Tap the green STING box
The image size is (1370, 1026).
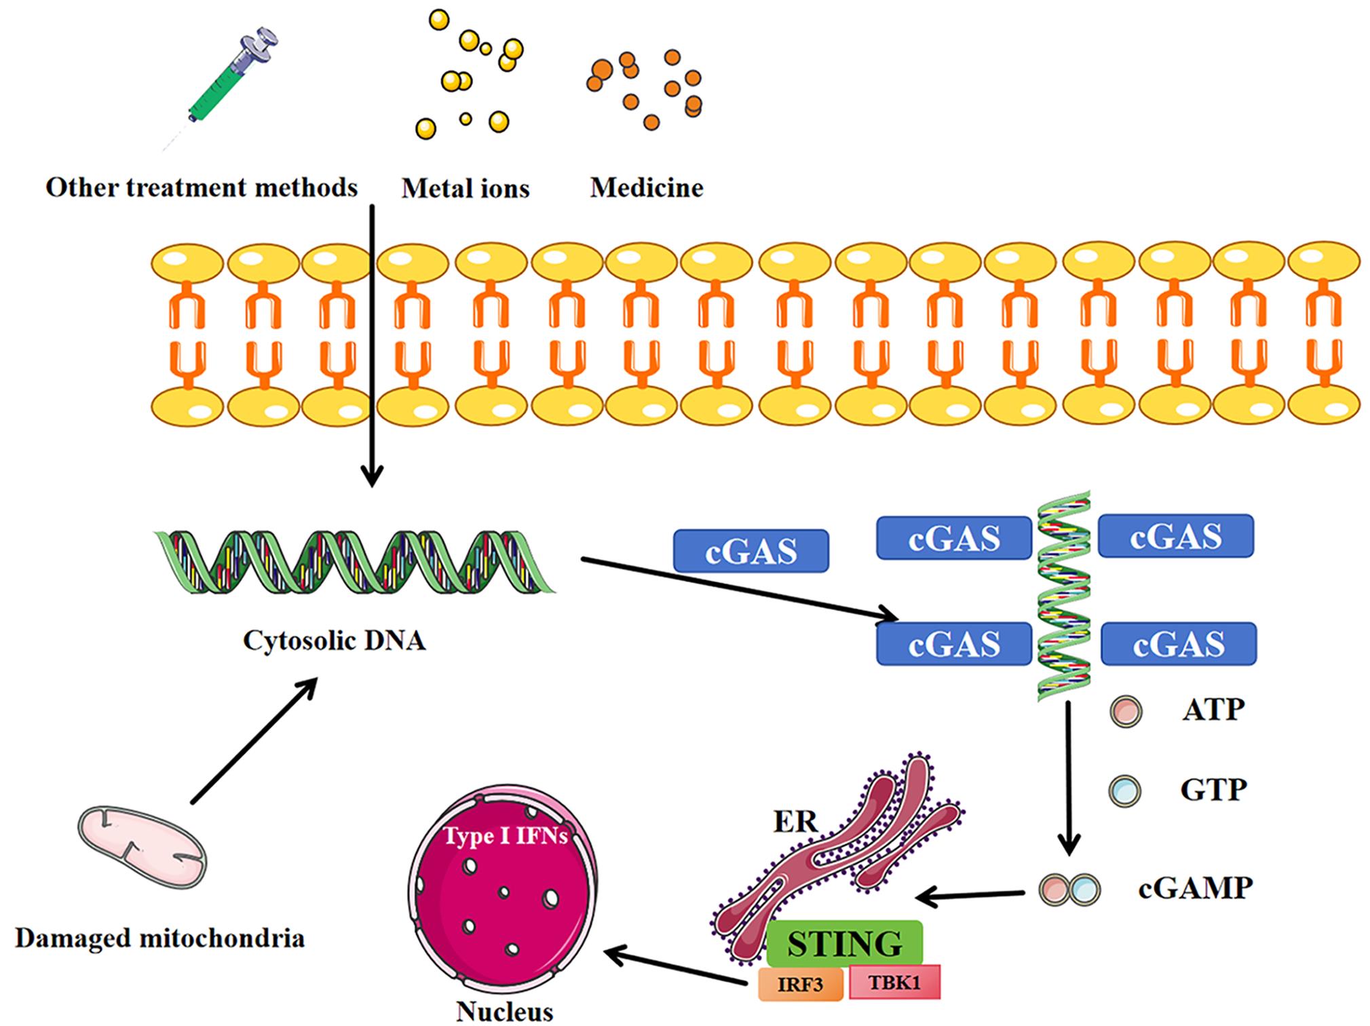click(844, 944)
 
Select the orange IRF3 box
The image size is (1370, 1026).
click(800, 984)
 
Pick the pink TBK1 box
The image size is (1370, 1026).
click(894, 982)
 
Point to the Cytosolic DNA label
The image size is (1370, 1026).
click(334, 640)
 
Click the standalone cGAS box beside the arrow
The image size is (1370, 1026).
click(750, 551)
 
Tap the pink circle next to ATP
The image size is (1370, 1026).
click(1125, 712)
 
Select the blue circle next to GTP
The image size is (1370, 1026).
click(1124, 791)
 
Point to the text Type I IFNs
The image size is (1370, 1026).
click(506, 835)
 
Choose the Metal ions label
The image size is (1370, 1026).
click(465, 188)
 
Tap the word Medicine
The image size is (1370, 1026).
click(646, 187)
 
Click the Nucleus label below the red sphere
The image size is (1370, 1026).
click(504, 1011)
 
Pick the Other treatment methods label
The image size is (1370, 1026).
click(202, 187)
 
